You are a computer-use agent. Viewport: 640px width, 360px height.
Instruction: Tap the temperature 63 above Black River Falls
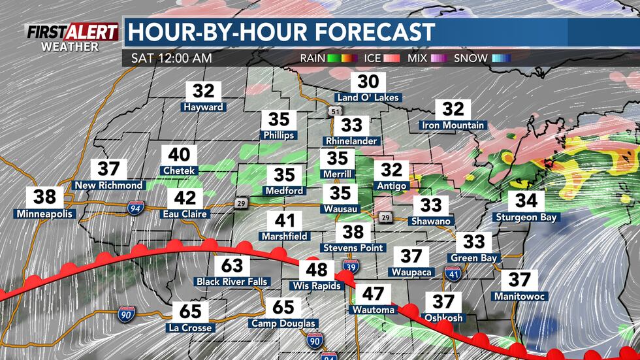tap(232, 265)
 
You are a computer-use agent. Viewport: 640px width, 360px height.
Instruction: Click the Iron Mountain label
tap(453, 125)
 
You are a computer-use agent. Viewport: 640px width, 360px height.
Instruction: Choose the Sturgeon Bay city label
tap(526, 217)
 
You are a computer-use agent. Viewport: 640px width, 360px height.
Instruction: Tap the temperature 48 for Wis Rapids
tap(317, 269)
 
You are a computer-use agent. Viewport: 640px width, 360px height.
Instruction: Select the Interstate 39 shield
tap(349, 267)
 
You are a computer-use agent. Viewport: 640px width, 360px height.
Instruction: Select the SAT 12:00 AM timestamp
tap(171, 58)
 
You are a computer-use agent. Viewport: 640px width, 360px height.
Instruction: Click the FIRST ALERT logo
tap(72, 31)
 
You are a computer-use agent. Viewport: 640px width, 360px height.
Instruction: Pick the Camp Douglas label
tap(283, 323)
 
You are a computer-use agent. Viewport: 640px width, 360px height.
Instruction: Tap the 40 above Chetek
tap(179, 155)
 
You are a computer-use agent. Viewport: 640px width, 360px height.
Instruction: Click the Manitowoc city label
tap(520, 297)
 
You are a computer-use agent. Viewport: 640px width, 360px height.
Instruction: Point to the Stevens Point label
tap(353, 248)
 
